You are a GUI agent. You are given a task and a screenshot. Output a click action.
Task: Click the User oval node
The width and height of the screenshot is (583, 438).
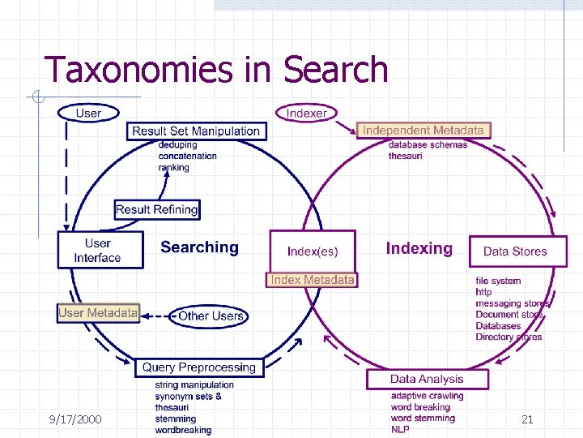coord(87,113)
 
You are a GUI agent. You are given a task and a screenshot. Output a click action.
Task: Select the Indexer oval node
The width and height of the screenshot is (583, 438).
coord(307,113)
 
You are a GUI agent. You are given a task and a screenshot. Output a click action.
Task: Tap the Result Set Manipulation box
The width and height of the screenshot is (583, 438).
coord(196,131)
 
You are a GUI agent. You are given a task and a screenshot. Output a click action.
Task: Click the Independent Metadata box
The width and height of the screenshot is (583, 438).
coord(423,130)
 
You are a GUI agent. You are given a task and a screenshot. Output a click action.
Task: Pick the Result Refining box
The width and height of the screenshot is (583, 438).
coord(157,209)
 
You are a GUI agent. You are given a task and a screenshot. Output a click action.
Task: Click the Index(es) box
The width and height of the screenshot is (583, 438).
coord(313,251)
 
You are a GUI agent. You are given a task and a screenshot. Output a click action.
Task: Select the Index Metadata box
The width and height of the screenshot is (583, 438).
coord(313,280)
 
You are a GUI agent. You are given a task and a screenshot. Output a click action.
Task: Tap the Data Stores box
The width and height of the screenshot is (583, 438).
coord(515,251)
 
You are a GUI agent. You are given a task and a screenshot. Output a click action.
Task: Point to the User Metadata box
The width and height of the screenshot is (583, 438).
coord(98,312)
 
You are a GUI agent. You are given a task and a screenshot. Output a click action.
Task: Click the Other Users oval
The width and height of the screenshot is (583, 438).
coord(211,316)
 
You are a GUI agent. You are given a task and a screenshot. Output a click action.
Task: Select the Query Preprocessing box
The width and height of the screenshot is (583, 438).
coord(199,367)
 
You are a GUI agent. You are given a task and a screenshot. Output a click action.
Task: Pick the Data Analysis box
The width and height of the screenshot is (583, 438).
coord(427,379)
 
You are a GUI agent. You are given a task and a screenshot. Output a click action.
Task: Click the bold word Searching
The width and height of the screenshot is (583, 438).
coord(199,247)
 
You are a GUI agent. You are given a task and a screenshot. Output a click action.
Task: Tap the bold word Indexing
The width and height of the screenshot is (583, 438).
coord(419,248)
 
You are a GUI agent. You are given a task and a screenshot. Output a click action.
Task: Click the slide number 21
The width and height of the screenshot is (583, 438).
coord(527,419)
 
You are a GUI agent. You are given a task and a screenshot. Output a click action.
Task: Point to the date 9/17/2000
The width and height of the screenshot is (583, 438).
coord(75,419)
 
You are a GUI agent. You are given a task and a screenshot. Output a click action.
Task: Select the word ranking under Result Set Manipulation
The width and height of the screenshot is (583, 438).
coord(174,168)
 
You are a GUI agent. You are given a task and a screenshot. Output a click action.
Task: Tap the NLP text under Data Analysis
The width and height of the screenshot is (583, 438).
coord(400,429)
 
